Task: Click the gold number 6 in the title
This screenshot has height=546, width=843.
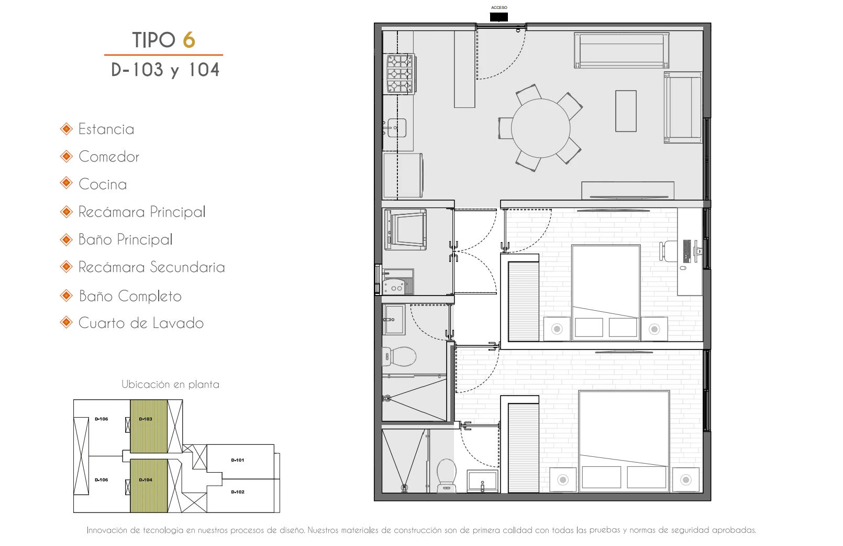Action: [x=189, y=40]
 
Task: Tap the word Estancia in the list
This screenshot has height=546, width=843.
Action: [x=106, y=129]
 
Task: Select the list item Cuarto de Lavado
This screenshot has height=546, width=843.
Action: [x=141, y=323]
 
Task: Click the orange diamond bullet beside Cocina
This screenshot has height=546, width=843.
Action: [x=66, y=184]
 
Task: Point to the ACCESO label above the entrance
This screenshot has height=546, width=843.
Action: [x=499, y=7]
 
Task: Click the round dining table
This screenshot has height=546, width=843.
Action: [x=540, y=128]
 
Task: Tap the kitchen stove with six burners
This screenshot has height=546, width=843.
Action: [x=400, y=74]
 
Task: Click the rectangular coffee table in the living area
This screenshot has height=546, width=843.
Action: [x=626, y=111]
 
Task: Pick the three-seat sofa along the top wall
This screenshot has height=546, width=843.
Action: [x=622, y=50]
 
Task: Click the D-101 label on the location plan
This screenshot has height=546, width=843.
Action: [x=238, y=460]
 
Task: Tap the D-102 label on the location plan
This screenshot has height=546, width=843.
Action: [x=238, y=492]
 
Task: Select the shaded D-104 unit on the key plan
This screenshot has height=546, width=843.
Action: [x=149, y=485]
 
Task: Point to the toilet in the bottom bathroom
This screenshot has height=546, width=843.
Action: [x=446, y=476]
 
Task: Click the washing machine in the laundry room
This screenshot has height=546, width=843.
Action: [x=405, y=230]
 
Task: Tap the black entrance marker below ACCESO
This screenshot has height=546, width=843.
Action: [x=499, y=17]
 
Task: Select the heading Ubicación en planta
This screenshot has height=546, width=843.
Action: [x=170, y=385]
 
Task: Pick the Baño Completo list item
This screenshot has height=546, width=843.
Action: [x=130, y=297]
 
